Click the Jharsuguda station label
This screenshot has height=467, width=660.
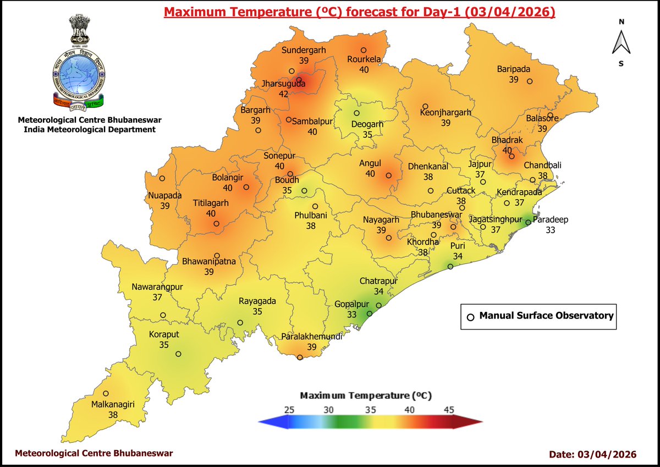coord(283,85)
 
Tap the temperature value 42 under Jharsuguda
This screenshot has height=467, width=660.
coord(283,95)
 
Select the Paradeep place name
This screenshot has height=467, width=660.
coord(551,219)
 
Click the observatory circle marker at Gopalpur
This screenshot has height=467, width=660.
coord(370,314)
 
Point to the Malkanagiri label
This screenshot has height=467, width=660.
coord(113,405)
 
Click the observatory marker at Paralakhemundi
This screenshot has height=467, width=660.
coord(300,358)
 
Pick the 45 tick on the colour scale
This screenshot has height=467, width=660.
coord(449,410)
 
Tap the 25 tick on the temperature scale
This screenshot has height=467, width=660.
coord(288,410)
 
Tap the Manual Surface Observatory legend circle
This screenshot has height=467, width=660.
coord(470,317)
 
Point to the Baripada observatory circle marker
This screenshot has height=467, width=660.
coord(530,81)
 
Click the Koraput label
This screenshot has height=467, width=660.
coord(164,334)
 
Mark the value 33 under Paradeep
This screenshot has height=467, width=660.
coord(550,230)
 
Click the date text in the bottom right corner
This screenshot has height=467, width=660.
coord(593,454)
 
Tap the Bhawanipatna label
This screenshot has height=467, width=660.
coord(209,262)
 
